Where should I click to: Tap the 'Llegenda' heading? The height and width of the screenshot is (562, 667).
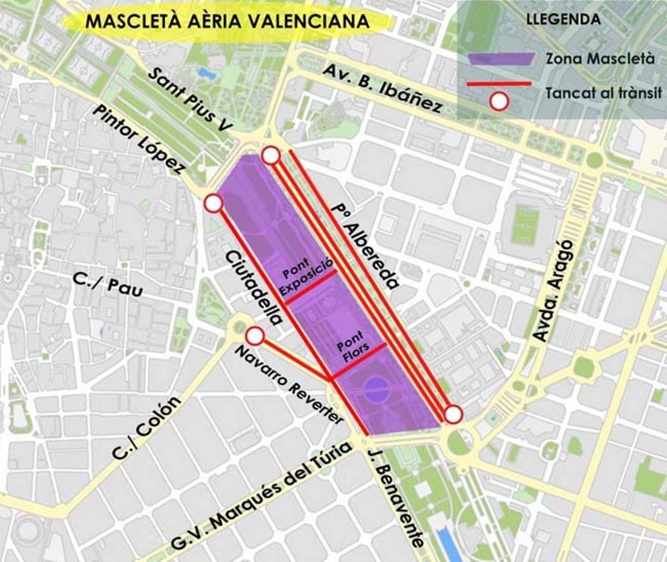tap(563, 19)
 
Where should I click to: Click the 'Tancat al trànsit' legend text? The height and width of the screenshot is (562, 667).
tap(604, 93)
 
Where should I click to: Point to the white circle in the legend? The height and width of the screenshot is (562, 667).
tap(499, 102)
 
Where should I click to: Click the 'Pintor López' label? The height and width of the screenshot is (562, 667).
tap(138, 140)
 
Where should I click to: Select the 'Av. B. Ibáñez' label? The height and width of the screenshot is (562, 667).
tap(383, 87)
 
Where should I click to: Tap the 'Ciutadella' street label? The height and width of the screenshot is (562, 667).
tap(253, 288)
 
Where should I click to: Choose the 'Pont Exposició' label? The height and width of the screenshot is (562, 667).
tap(306, 277)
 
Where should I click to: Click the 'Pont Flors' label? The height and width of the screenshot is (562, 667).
tap(351, 346)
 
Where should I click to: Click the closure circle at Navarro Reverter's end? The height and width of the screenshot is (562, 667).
tap(255, 336)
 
